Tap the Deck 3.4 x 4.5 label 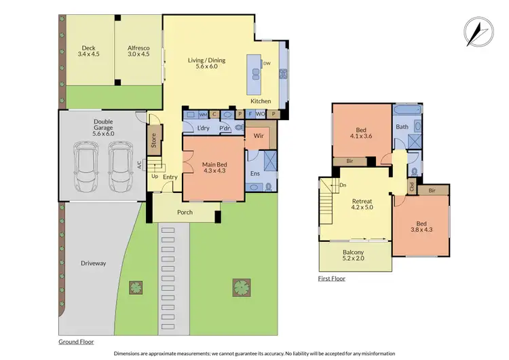88,52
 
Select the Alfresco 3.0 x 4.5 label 138,52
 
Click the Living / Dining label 206,64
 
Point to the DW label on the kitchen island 266,63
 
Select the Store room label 153,141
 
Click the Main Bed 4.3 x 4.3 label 212,167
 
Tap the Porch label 185,212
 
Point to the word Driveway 92,263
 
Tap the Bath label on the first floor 402,126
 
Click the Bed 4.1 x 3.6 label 361,134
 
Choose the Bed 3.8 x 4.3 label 422,225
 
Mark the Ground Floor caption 76,342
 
